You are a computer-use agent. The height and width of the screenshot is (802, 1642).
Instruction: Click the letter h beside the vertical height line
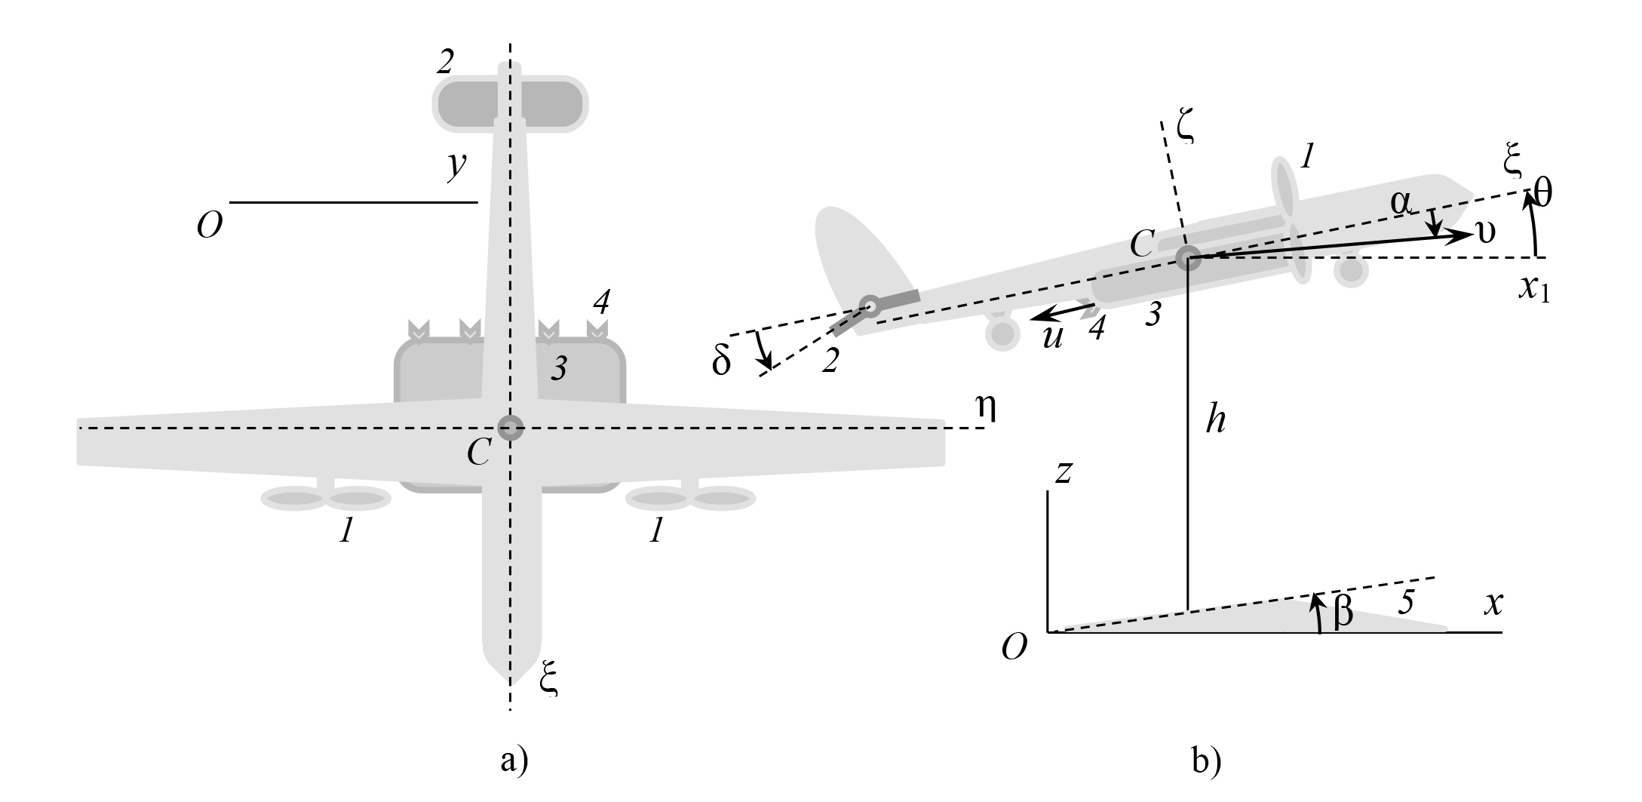[x=1215, y=419]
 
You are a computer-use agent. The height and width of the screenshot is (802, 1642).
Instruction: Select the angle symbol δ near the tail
[x=722, y=362]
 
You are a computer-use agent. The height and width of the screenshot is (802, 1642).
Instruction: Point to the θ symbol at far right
[x=1543, y=195]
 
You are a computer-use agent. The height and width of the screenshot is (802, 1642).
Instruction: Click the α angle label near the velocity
[x=1401, y=203]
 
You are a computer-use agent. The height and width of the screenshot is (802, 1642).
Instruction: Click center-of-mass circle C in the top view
[x=511, y=428]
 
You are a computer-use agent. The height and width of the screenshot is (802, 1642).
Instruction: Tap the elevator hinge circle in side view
[x=870, y=306]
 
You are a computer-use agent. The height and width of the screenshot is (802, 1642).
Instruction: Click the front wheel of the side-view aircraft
[x=1351, y=271]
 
